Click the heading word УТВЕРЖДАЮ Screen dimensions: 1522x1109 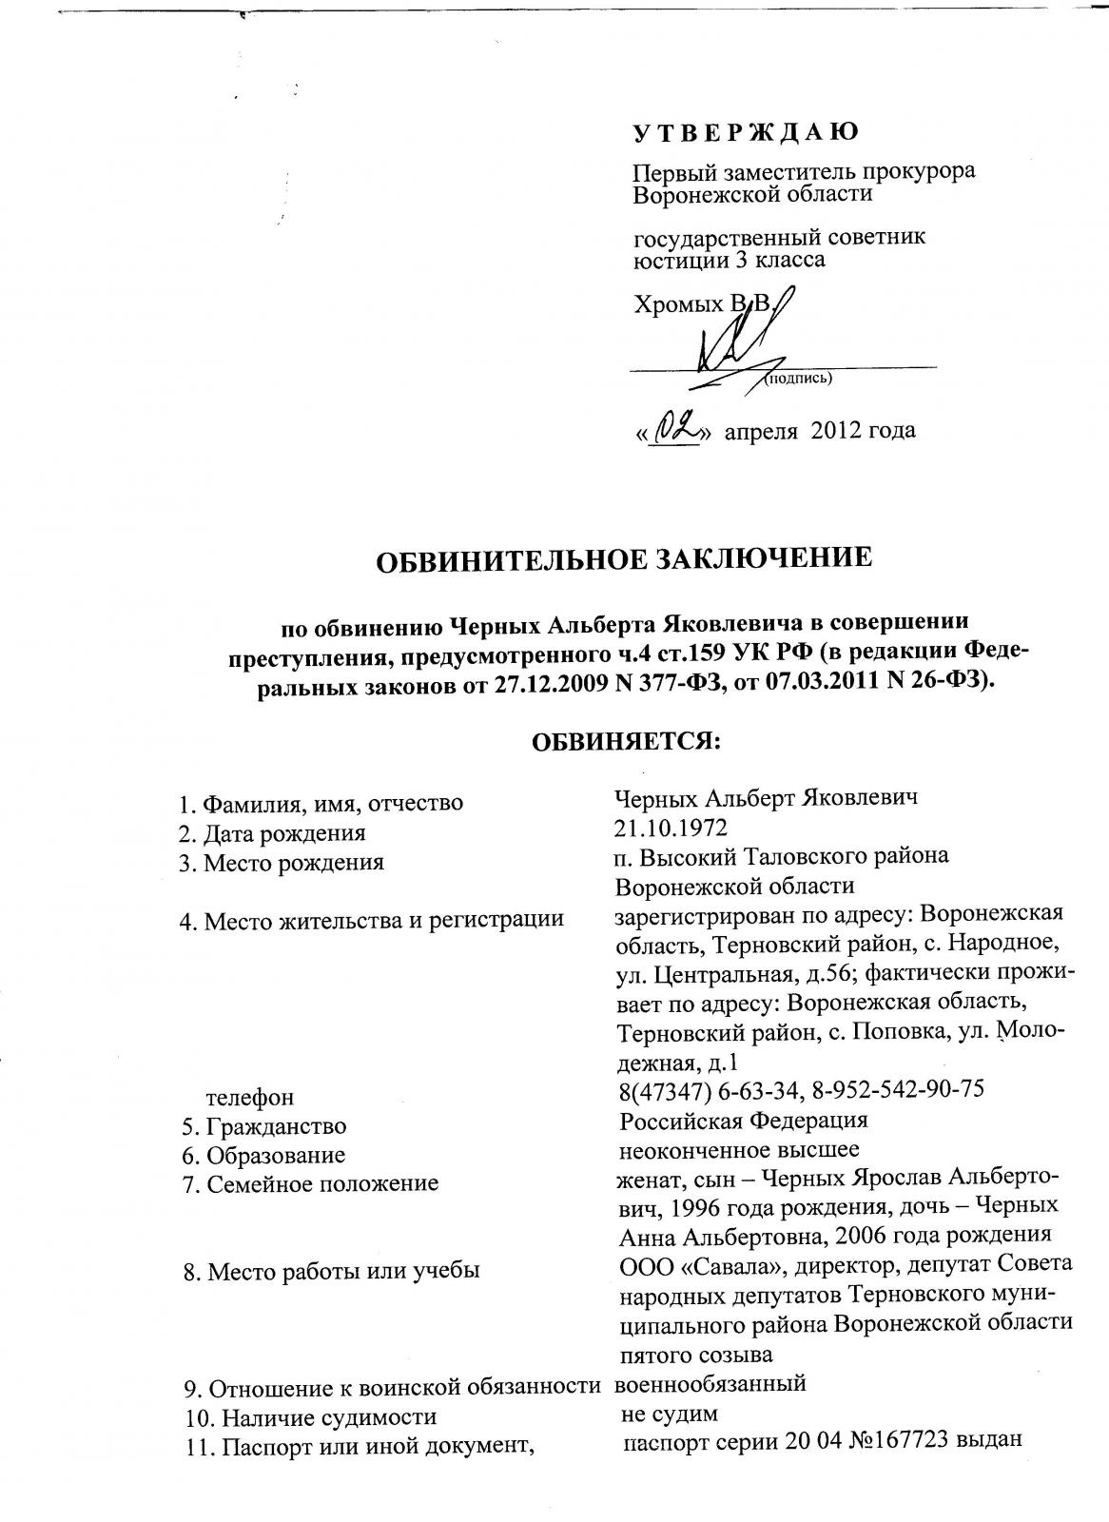pyautogui.click(x=746, y=131)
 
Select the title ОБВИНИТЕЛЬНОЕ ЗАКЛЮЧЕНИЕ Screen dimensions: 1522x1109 pyautogui.click(x=625, y=558)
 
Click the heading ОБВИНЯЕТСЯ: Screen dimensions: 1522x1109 pyautogui.click(x=625, y=740)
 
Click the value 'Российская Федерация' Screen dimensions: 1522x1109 pyautogui.click(x=743, y=1120)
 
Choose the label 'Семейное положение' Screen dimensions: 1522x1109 pyautogui.click(x=310, y=1184)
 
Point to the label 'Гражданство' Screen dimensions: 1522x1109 pyautogui.click(x=264, y=1127)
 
